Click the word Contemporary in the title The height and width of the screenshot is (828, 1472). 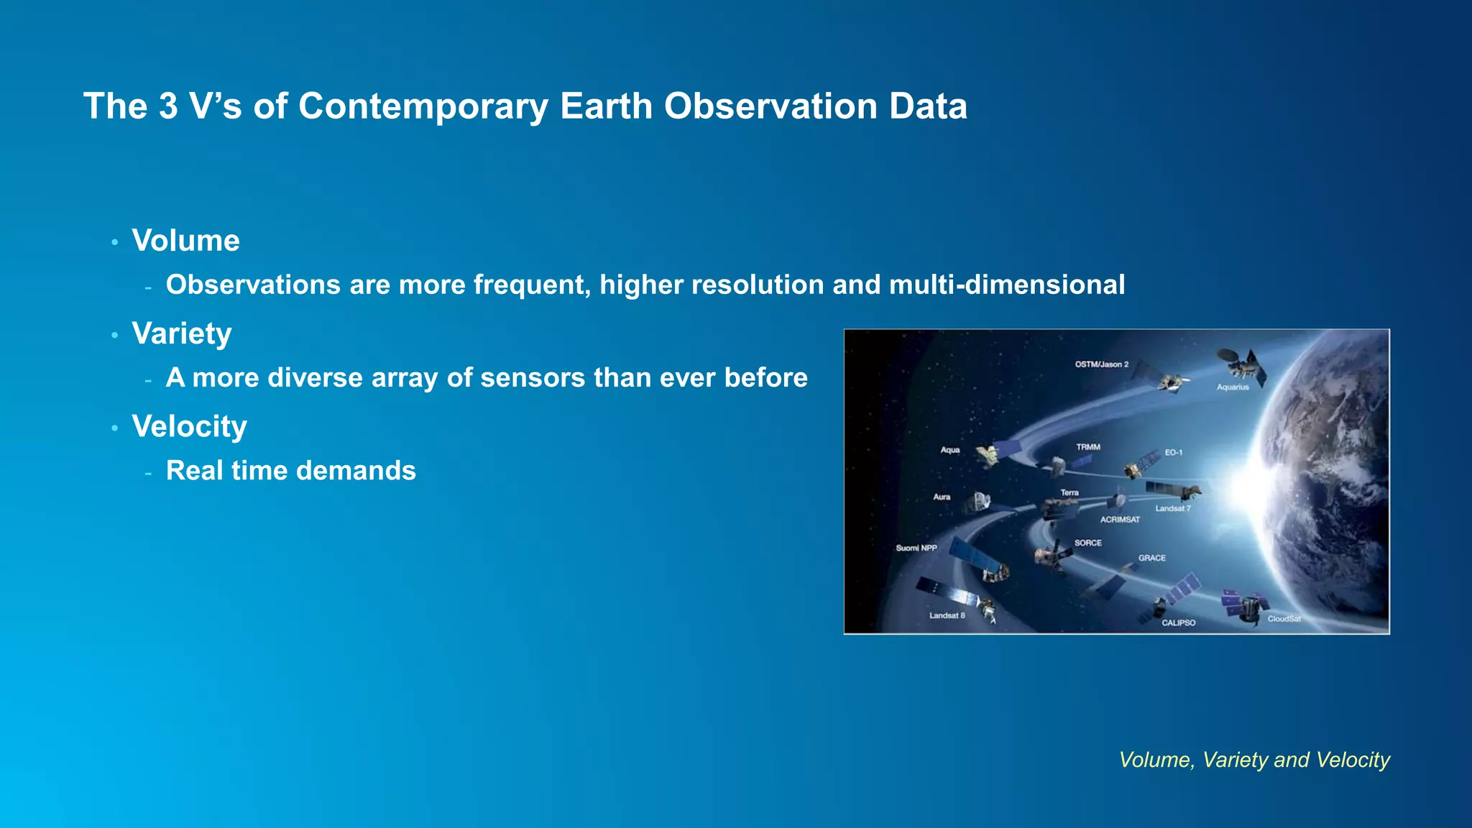click(x=423, y=107)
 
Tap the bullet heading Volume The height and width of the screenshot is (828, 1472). click(x=185, y=241)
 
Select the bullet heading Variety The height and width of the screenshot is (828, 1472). click(x=182, y=333)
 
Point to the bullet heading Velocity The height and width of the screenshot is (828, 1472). click(x=189, y=426)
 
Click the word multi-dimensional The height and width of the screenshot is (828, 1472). click(x=1006, y=285)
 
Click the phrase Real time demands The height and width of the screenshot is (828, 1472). click(x=290, y=471)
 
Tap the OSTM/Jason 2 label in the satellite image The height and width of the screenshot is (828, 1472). click(x=1101, y=364)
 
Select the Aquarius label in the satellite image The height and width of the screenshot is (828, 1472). click(x=1232, y=387)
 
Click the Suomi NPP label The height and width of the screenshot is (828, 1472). click(x=916, y=548)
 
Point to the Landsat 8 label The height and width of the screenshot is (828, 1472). click(x=947, y=615)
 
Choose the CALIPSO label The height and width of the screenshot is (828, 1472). click(x=1178, y=622)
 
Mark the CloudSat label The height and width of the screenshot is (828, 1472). click(x=1284, y=619)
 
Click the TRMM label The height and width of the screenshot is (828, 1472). click(x=1087, y=447)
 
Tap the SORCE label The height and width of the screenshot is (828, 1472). click(x=1087, y=543)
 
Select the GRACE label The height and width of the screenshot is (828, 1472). click(x=1151, y=558)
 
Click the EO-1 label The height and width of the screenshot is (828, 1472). click(x=1173, y=453)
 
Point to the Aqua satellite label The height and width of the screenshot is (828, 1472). click(x=949, y=450)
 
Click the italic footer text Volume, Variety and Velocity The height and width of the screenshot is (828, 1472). click(x=1254, y=760)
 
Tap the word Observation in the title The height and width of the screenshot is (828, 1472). click(x=770, y=107)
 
